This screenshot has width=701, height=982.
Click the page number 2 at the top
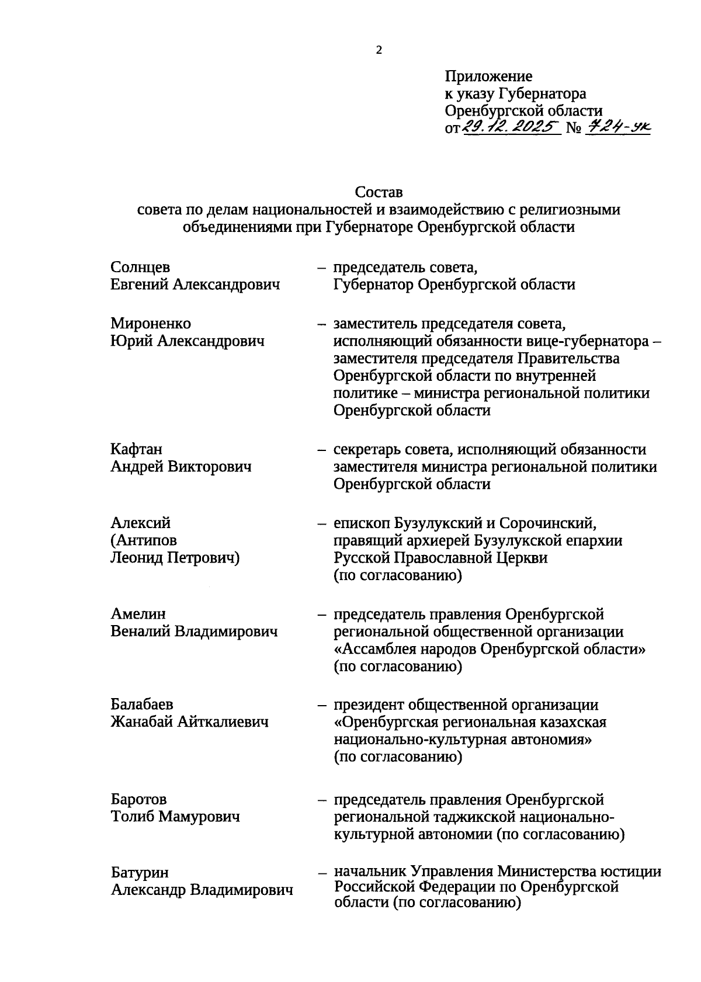[379, 51]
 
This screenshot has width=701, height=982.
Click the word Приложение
[488, 77]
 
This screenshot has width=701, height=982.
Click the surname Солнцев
[140, 267]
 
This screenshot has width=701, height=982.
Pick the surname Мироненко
[151, 324]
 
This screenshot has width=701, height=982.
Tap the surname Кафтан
[137, 449]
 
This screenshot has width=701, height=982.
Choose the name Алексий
[141, 523]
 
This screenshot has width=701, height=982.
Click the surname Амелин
[138, 614]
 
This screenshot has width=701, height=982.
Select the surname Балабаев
[142, 705]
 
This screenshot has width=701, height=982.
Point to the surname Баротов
[138, 799]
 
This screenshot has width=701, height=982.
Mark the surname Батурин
[140, 873]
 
